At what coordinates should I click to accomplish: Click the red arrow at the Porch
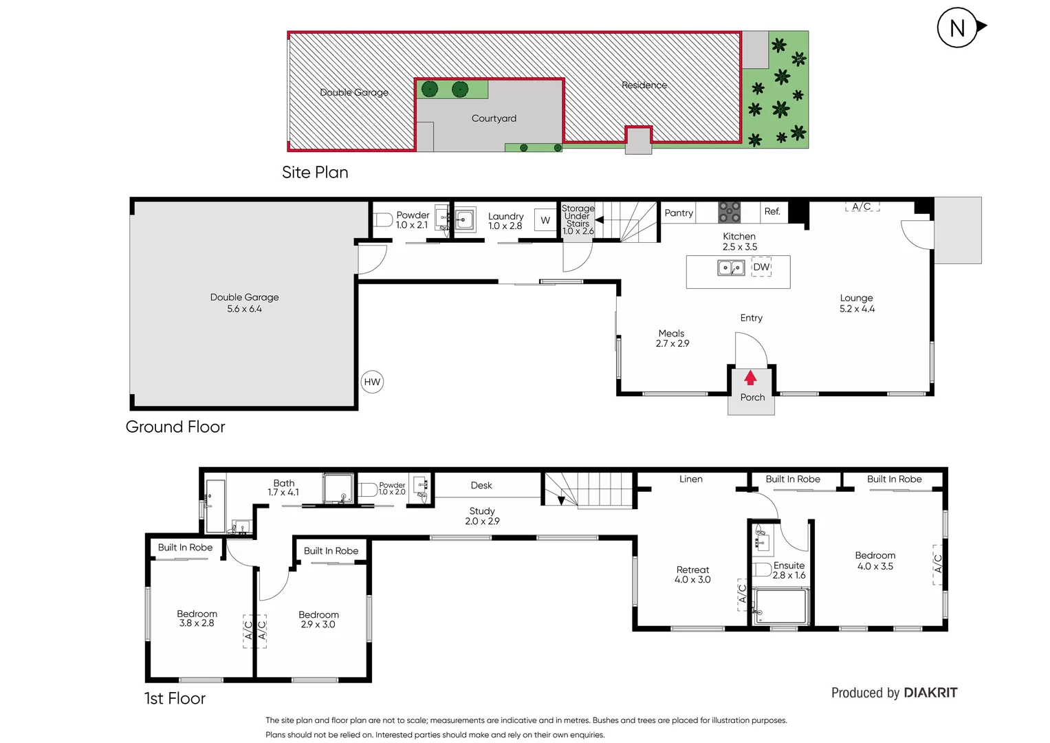click(750, 378)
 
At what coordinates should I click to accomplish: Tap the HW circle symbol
click(372, 382)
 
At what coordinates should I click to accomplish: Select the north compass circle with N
click(957, 28)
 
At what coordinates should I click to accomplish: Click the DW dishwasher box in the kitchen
click(761, 267)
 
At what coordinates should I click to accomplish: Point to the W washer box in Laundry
click(545, 220)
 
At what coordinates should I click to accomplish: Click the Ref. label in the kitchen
click(772, 212)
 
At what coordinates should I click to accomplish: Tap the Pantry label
click(679, 213)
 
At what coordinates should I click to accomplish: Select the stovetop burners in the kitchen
click(730, 212)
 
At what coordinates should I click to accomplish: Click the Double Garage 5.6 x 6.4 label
click(245, 303)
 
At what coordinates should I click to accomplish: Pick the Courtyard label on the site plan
click(494, 118)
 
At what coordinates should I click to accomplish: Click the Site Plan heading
click(315, 172)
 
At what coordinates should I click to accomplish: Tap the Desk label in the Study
click(481, 486)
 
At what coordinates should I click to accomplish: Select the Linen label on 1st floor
click(691, 480)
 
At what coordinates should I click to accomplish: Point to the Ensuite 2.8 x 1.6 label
click(789, 570)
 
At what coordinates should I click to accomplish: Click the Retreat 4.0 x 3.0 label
click(692, 574)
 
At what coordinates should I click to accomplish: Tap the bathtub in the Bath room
click(215, 506)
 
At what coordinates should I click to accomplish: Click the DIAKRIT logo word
click(930, 693)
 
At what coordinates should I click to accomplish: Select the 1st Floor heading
click(175, 698)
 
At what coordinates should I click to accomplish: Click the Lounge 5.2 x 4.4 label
click(857, 303)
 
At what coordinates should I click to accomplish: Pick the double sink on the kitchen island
click(731, 267)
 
